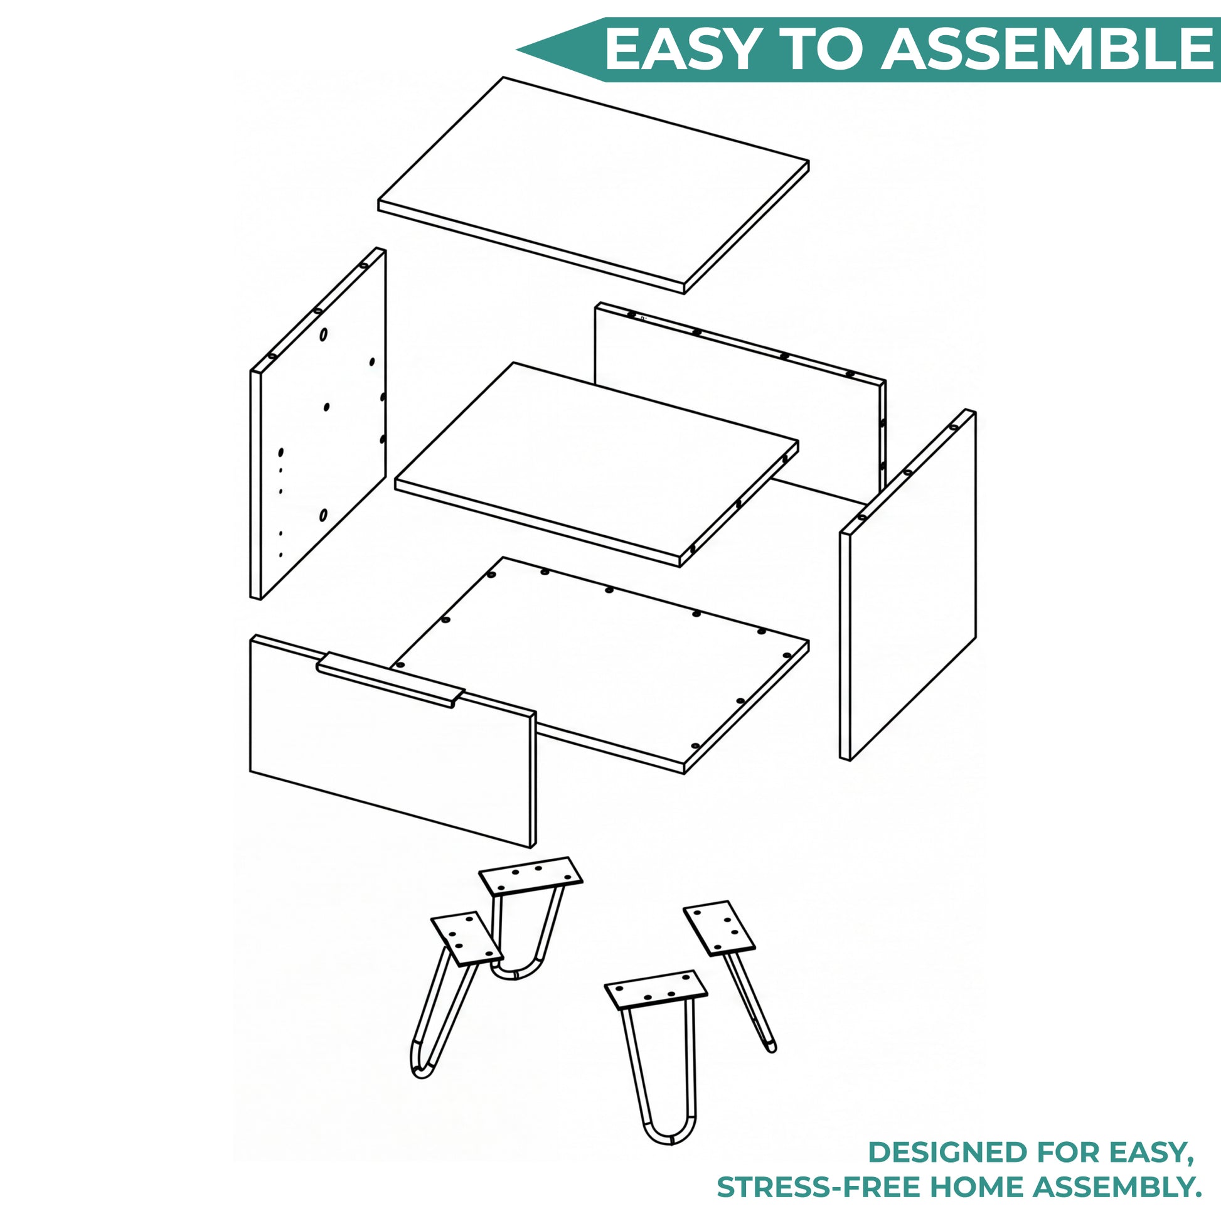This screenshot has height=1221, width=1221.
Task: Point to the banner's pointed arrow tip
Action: pos(517,50)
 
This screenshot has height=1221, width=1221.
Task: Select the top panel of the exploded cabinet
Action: pos(594,184)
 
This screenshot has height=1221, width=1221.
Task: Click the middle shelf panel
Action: pos(596,464)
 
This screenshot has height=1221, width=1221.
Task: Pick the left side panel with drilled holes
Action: pos(318,424)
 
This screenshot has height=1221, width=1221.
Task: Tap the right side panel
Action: pos(907,585)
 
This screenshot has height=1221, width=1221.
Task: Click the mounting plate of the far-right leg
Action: pos(719,928)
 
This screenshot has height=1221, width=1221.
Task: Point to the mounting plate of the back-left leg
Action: pos(530,876)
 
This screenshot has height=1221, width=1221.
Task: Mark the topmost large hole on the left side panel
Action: pos(324,335)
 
